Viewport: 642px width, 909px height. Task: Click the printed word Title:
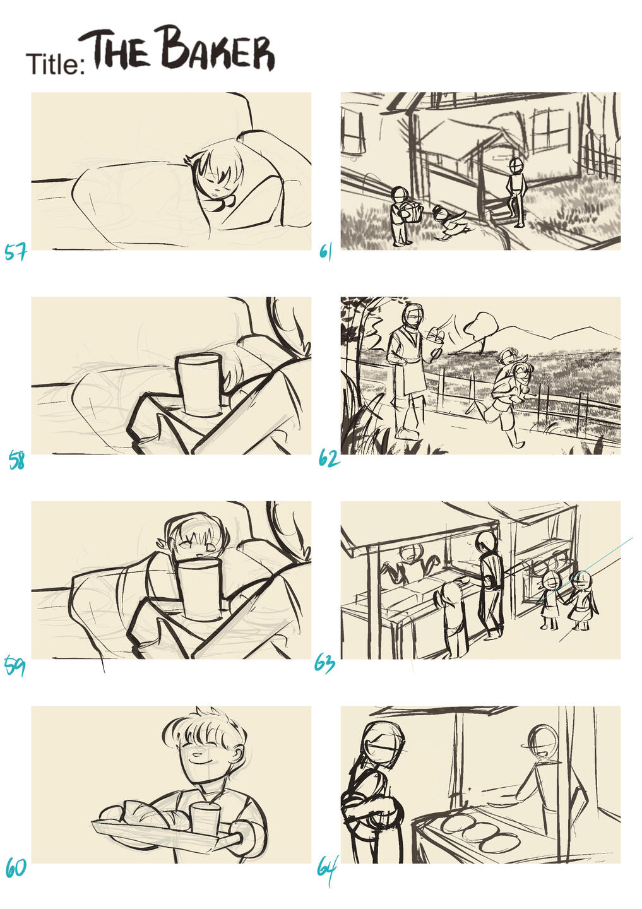click(x=56, y=64)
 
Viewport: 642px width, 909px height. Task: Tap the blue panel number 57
click(x=15, y=252)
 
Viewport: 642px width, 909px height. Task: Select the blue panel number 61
click(x=326, y=252)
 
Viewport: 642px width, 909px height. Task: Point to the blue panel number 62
click(x=329, y=458)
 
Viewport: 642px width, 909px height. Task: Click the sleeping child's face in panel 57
click(x=218, y=182)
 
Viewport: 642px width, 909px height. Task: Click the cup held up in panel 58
click(x=201, y=384)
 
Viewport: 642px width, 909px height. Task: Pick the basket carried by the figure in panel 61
click(x=412, y=211)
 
